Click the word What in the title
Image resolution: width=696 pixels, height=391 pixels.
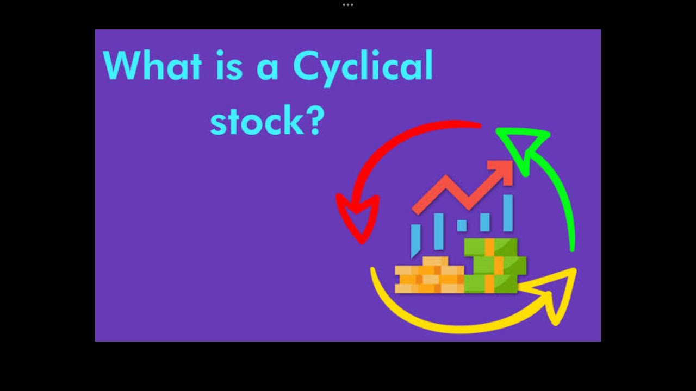152,66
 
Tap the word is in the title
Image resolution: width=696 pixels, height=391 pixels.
229,66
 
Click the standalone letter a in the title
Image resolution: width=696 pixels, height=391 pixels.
268,70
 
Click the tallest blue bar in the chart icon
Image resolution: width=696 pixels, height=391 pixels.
508,213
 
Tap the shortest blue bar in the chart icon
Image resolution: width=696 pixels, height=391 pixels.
462,225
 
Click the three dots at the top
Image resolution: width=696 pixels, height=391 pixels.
348,5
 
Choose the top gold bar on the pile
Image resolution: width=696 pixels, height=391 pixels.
436,261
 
